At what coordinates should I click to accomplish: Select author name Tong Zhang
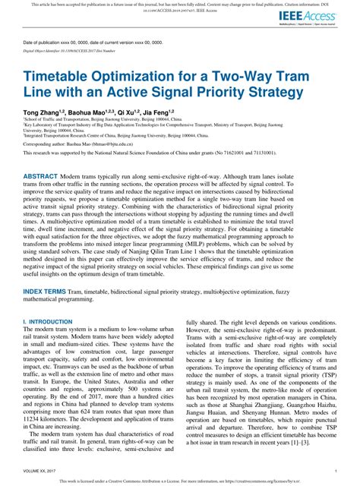point(43,112)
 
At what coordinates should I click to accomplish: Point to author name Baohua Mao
point(90,112)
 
